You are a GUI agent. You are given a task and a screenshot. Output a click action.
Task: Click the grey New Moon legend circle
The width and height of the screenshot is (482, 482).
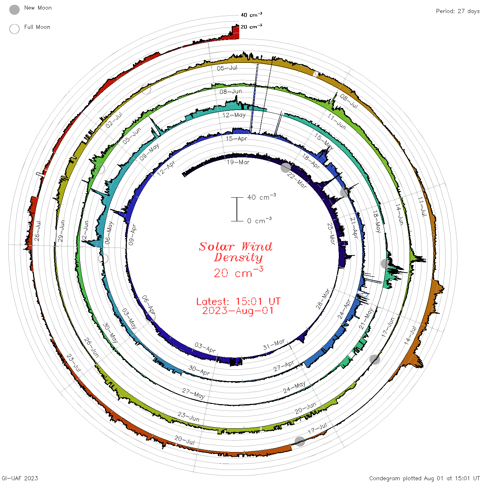pyautogui.click(x=14, y=10)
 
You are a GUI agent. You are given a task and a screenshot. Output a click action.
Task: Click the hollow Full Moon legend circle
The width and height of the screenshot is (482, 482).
pyautogui.click(x=14, y=29)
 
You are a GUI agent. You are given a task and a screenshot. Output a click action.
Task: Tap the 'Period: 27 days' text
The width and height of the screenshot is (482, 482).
pyautogui.click(x=458, y=11)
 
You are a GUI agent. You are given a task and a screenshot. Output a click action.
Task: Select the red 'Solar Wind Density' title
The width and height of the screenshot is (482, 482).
pyautogui.click(x=235, y=252)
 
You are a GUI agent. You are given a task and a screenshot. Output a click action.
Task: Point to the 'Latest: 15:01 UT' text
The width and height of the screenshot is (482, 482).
pyautogui.click(x=238, y=301)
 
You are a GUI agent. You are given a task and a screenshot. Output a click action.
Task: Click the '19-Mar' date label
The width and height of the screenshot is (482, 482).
pyautogui.click(x=238, y=162)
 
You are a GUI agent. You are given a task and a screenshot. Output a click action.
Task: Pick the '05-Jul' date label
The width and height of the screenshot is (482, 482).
pyautogui.click(x=227, y=68)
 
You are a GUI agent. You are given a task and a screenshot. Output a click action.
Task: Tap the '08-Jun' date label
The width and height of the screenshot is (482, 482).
pyautogui.click(x=231, y=92)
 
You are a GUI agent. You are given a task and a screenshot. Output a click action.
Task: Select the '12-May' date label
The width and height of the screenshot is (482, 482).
pyautogui.click(x=234, y=115)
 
